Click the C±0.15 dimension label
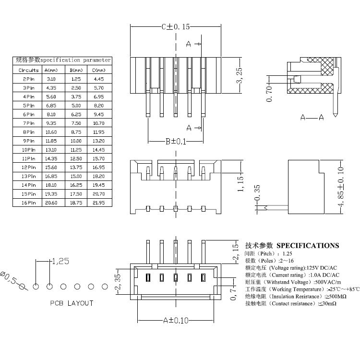point(176,27)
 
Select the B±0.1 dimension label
point(176,141)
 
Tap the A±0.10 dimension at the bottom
point(175,320)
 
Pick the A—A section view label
point(312,117)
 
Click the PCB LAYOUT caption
point(72,303)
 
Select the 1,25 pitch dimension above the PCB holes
point(60,262)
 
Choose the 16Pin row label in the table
point(29,203)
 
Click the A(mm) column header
point(51,70)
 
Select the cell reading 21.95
point(99,203)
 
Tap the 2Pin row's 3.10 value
point(51,79)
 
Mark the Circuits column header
point(29,70)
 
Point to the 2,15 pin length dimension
point(235,252)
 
